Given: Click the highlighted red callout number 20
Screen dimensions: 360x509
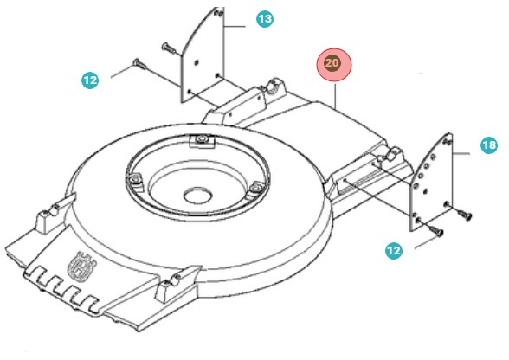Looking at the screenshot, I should (x=332, y=64).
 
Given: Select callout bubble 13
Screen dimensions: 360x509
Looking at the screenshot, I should (x=264, y=18).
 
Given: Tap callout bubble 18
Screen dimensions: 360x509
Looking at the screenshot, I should (x=489, y=145).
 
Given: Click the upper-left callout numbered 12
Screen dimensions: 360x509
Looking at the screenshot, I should (x=90, y=80).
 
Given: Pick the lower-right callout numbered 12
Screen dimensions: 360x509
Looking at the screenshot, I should (x=394, y=251).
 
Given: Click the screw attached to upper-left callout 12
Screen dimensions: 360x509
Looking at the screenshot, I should (x=139, y=63).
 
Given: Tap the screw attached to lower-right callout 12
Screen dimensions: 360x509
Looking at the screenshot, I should (x=435, y=229).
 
